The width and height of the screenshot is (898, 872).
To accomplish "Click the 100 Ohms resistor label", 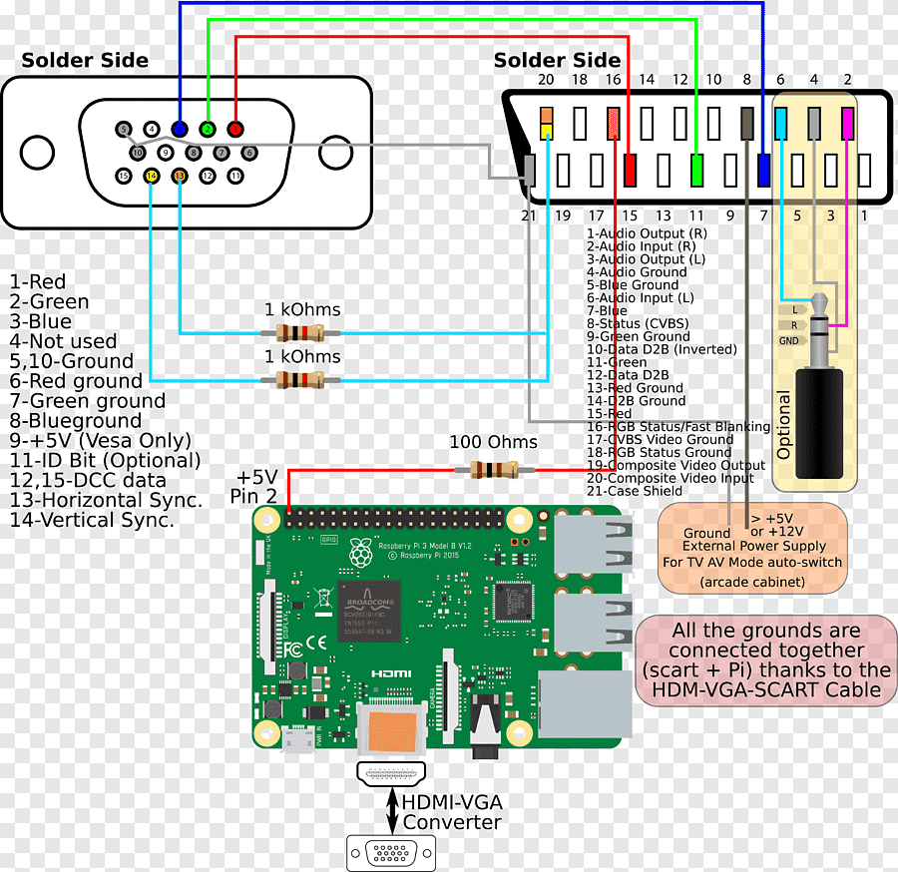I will point(493,442).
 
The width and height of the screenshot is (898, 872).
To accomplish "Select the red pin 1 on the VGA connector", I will point(235,129).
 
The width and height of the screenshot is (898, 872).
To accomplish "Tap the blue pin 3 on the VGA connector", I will point(180,129).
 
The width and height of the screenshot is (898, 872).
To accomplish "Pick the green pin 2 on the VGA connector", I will point(208,129).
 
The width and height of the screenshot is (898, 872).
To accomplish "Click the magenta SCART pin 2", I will point(847,123).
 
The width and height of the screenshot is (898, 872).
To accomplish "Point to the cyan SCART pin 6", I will point(781,123).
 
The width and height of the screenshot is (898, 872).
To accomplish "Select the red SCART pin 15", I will point(630,170).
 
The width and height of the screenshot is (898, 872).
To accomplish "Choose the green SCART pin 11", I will point(696,170).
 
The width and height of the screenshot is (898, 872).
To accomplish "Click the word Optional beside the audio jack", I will point(784,425).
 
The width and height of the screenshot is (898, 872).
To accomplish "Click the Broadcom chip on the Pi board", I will point(369,610).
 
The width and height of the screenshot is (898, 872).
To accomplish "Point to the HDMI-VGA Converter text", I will point(451,811).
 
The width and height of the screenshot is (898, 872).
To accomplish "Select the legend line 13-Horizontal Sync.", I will point(106,500).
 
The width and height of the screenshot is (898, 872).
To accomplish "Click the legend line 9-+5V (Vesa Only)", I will point(100,440).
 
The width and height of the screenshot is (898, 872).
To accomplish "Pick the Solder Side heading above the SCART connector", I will point(557,61).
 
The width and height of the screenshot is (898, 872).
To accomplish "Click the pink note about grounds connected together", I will point(765,659).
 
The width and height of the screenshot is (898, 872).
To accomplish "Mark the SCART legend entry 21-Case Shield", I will point(635,491).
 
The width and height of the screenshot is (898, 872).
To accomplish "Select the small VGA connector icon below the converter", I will point(390,854).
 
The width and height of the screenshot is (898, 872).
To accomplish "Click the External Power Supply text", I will point(754,546).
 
